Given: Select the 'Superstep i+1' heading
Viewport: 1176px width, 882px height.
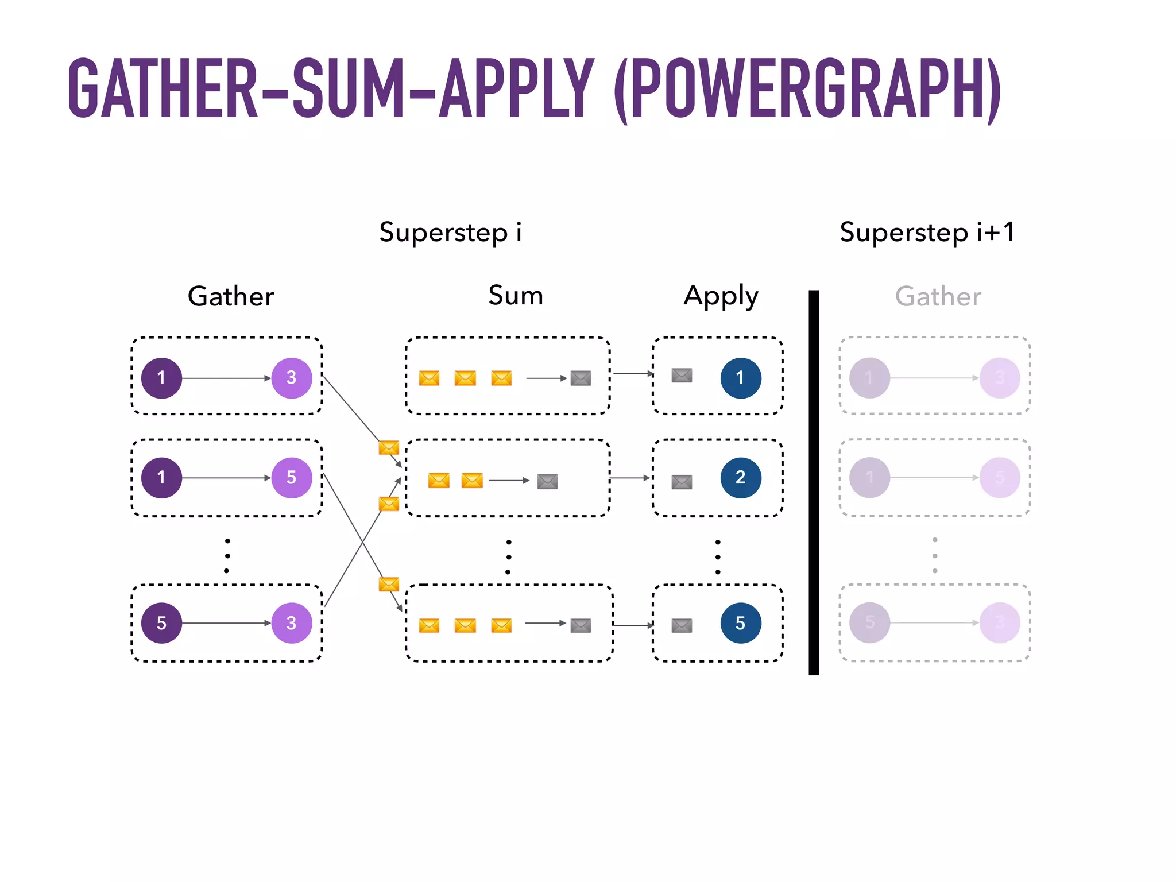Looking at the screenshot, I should click(927, 233).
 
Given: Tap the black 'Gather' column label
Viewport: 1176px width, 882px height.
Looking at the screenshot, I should click(231, 296).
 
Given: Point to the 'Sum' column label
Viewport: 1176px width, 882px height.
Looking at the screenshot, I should click(516, 295).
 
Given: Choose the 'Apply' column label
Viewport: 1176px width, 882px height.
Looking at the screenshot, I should click(721, 296).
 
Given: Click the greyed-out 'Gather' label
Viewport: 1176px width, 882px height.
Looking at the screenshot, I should click(938, 296).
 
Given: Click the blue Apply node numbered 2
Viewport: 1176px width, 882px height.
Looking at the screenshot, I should click(741, 477).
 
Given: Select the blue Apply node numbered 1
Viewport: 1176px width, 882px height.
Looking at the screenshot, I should click(741, 378).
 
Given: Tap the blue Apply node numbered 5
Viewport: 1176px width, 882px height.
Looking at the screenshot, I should click(741, 623).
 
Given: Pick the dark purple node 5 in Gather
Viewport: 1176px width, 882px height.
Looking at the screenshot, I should click(162, 623).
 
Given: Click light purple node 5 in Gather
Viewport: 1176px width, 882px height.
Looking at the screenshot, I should click(292, 477).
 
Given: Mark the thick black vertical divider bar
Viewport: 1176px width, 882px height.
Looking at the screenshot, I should click(814, 482).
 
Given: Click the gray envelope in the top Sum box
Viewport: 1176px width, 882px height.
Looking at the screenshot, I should click(581, 378).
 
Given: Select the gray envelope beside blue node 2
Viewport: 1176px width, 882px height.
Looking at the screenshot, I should click(682, 482).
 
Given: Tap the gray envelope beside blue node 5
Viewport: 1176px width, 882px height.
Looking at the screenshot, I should click(682, 625).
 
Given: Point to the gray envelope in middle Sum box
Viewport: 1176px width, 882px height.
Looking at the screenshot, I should click(547, 481).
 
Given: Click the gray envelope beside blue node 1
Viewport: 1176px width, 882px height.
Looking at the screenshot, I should click(682, 376).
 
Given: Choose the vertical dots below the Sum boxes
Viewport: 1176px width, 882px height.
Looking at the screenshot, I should click(508, 556).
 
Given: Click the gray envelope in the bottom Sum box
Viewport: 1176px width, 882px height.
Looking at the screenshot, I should click(581, 625).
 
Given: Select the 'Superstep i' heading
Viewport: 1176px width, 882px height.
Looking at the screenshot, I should click(450, 233).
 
